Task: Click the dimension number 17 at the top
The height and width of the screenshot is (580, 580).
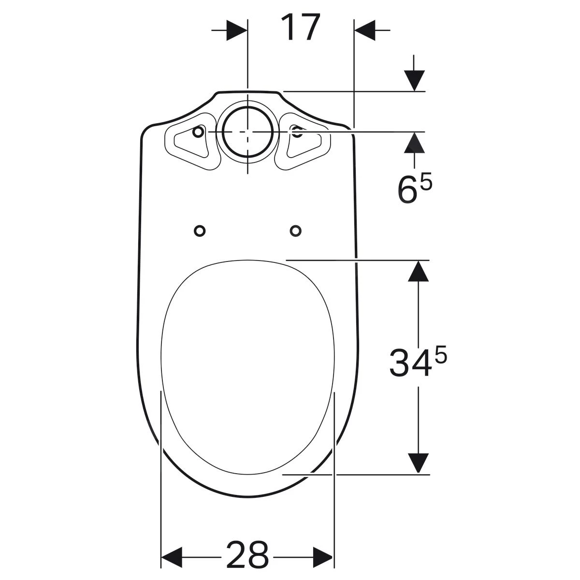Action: coord(300,27)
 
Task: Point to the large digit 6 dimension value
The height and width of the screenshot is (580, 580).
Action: coord(407,190)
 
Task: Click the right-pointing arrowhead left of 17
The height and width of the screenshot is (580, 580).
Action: coord(236,30)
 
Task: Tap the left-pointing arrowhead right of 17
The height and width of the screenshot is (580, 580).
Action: coord(365,30)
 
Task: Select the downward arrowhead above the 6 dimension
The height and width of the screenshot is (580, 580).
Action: coord(414,81)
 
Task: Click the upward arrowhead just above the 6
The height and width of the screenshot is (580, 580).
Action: coord(414,143)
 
